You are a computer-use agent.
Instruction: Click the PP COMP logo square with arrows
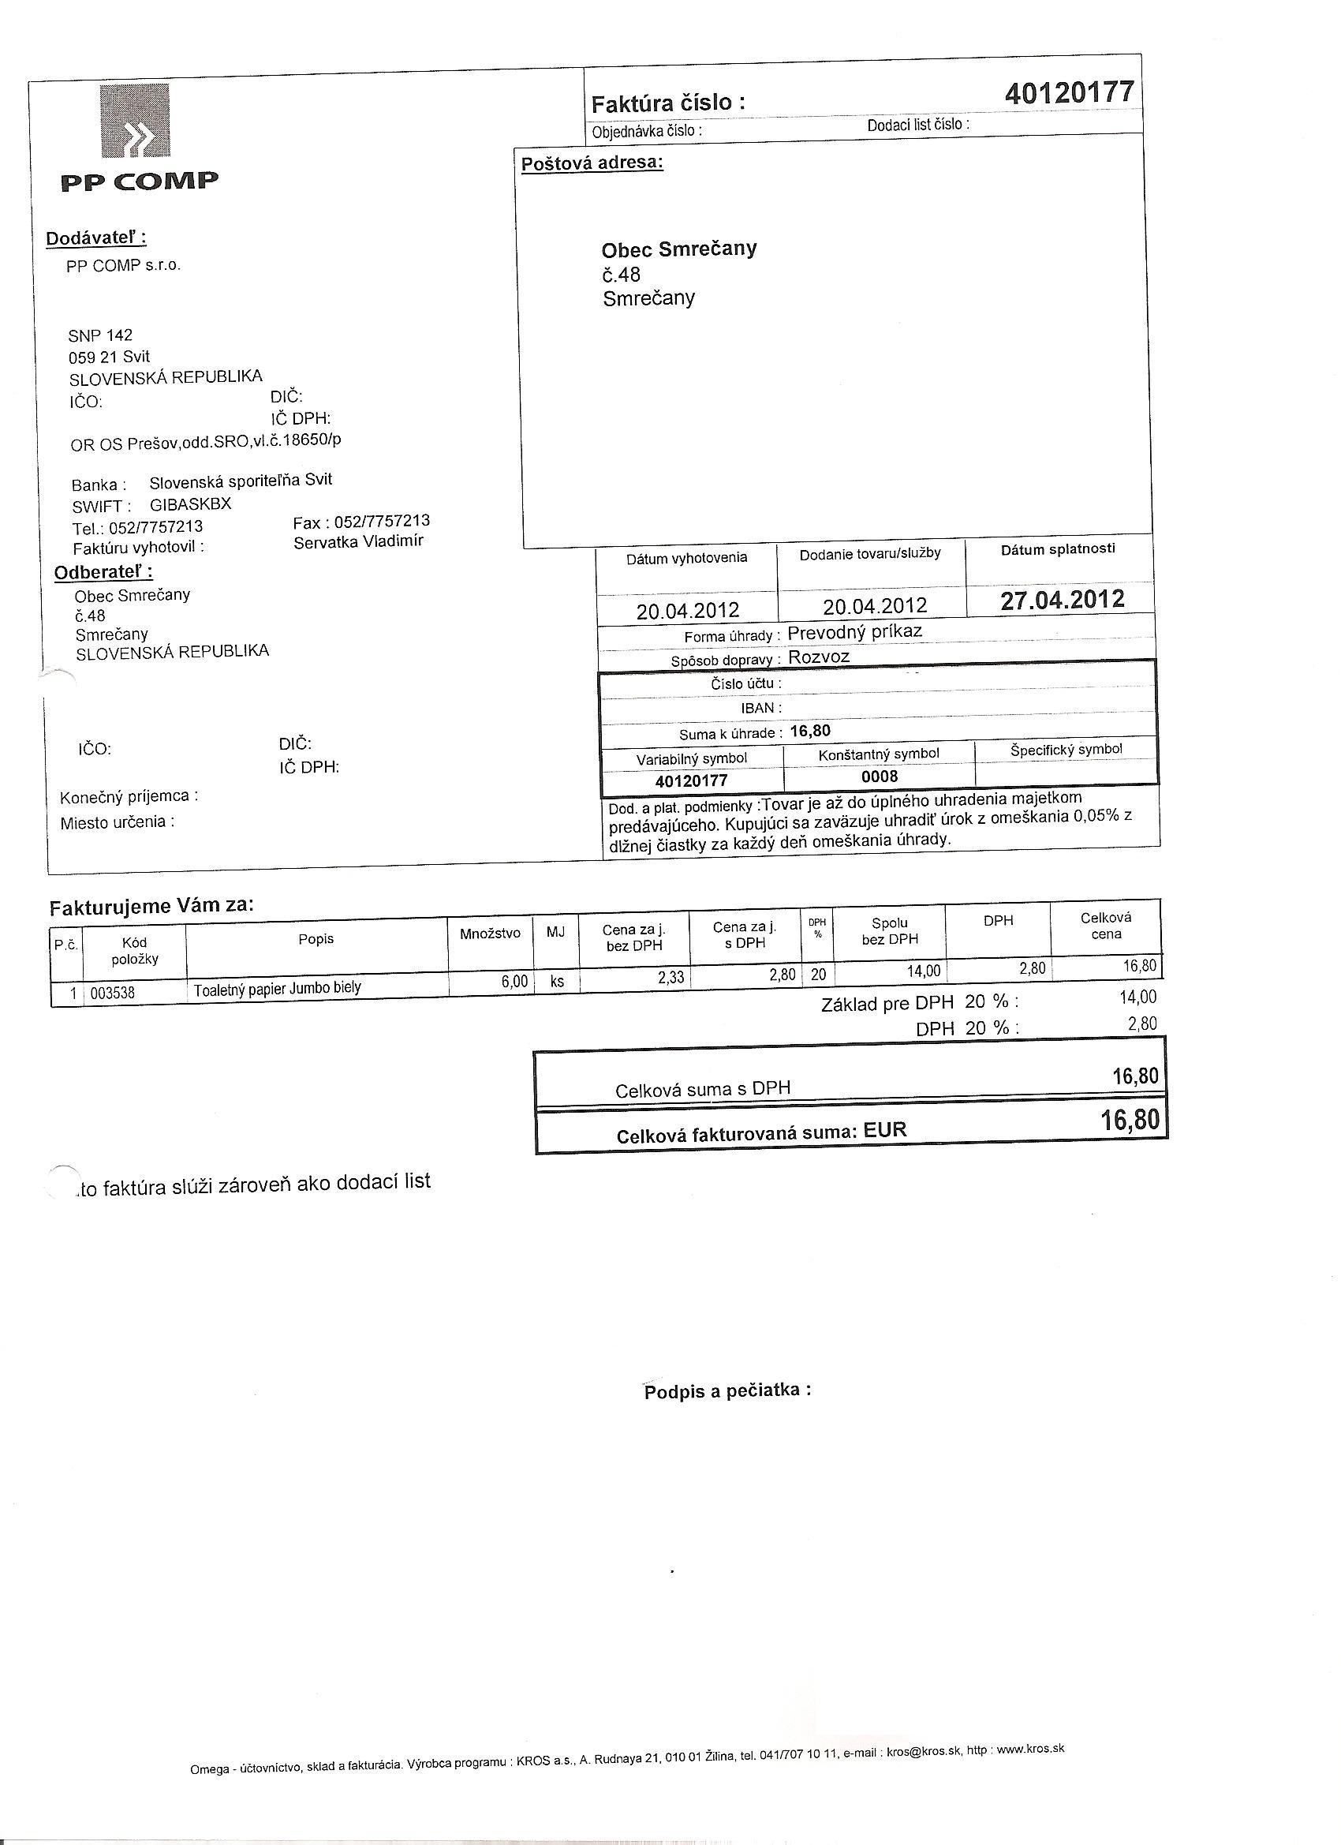pyautogui.click(x=136, y=121)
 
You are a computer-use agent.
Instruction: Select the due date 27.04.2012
pyautogui.click(x=1062, y=601)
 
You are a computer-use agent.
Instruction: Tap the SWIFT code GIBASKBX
pyautogui.click(x=190, y=504)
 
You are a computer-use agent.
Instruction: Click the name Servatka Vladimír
pyautogui.click(x=358, y=541)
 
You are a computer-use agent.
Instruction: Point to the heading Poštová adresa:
pyautogui.click(x=592, y=163)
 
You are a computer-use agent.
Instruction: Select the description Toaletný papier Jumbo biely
pyautogui.click(x=277, y=988)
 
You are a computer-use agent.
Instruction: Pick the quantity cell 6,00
pyautogui.click(x=515, y=982)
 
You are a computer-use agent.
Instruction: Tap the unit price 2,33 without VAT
pyautogui.click(x=671, y=977)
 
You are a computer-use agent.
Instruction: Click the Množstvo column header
pyautogui.click(x=490, y=933)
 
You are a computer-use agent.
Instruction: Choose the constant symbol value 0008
pyautogui.click(x=879, y=776)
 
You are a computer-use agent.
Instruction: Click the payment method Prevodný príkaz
pyautogui.click(x=855, y=631)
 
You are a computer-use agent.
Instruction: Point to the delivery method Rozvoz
pyautogui.click(x=819, y=657)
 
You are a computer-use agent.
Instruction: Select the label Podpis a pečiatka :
pyautogui.click(x=727, y=1391)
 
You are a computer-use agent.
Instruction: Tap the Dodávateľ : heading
pyautogui.click(x=96, y=238)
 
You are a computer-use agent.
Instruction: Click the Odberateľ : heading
pyautogui.click(x=103, y=572)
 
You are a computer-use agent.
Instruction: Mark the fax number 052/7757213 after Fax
pyautogui.click(x=383, y=522)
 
